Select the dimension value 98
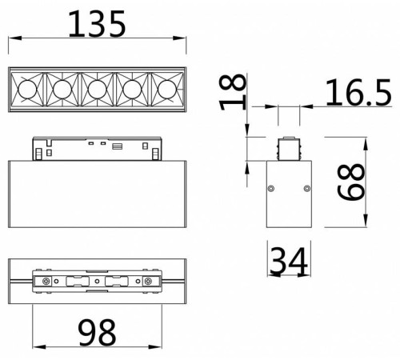click(96, 330)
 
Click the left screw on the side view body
click(271, 189)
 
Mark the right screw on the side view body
click(306, 189)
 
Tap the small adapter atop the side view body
click(288, 150)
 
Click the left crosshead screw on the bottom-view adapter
click(47, 282)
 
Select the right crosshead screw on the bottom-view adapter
click(147, 282)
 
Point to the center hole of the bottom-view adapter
click(97, 282)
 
